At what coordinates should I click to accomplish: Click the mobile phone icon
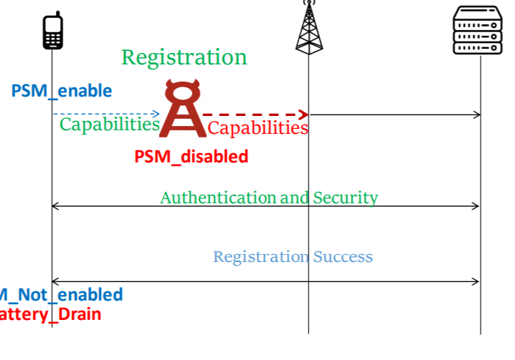[53, 31]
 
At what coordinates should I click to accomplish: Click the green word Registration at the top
[184, 57]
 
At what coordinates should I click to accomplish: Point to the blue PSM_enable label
[62, 91]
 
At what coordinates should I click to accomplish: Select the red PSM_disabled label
[191, 156]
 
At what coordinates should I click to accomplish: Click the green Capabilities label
[109, 125]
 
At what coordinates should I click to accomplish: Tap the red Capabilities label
[258, 128]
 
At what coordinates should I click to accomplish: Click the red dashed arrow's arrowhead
[304, 115]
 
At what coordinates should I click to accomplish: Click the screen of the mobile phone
[53, 24]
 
